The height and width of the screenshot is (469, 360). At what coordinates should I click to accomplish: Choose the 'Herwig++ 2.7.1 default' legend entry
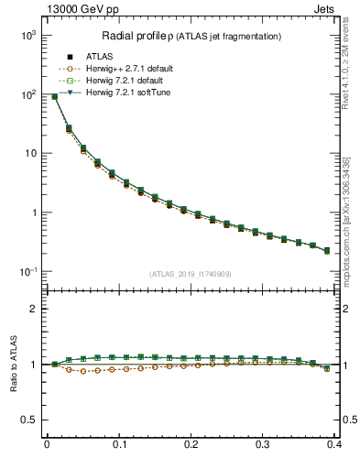click(x=127, y=69)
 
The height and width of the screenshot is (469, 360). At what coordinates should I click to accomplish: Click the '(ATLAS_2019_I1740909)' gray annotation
click(x=191, y=275)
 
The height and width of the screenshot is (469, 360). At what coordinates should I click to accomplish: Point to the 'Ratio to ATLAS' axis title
click(x=11, y=364)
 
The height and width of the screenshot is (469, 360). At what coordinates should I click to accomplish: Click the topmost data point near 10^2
click(x=54, y=96)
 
